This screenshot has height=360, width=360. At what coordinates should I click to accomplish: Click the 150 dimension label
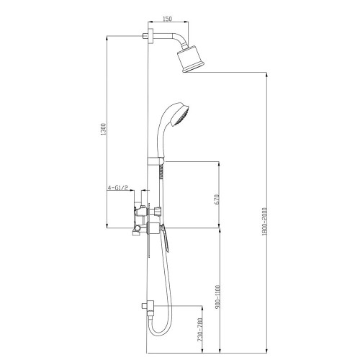coord(167,19)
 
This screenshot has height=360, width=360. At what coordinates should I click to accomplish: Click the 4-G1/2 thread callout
coord(117,187)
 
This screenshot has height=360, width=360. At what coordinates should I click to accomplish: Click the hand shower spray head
coord(180,114)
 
